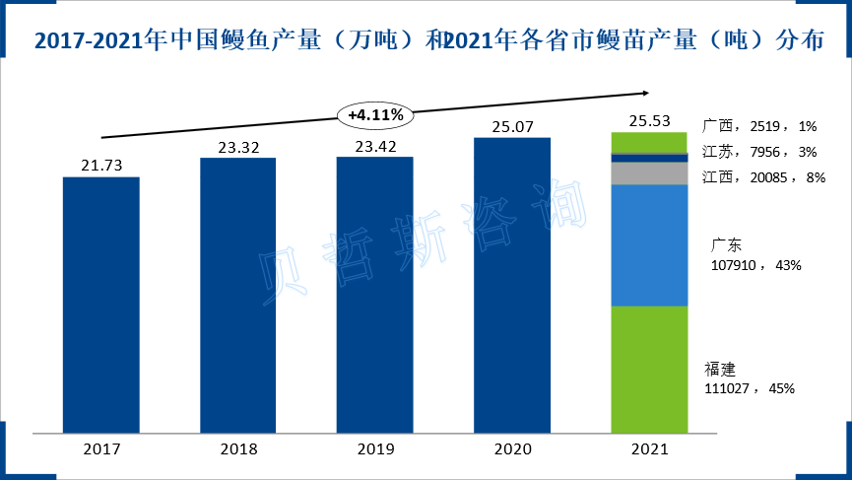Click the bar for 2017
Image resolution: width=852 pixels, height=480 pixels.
tap(101, 305)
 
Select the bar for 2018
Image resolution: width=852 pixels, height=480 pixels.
tap(238, 295)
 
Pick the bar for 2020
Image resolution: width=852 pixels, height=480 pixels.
tap(512, 285)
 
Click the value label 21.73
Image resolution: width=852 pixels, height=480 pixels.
tap(101, 165)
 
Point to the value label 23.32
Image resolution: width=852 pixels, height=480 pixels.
tap(238, 146)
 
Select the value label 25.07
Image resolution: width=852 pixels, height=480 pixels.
tap(512, 125)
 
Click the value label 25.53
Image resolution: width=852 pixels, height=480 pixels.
tap(649, 121)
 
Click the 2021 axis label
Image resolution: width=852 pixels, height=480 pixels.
tap(649, 449)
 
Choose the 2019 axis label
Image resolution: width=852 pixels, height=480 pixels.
tap(375, 449)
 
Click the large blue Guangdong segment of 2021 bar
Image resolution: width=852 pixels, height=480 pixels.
tap(649, 245)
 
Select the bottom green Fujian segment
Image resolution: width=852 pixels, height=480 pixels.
tap(649, 369)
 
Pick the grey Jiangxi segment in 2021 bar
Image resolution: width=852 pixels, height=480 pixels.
tap(649, 173)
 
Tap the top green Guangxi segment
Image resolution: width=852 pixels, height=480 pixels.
tap(649, 143)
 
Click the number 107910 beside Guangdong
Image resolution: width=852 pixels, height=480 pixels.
tap(733, 265)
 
